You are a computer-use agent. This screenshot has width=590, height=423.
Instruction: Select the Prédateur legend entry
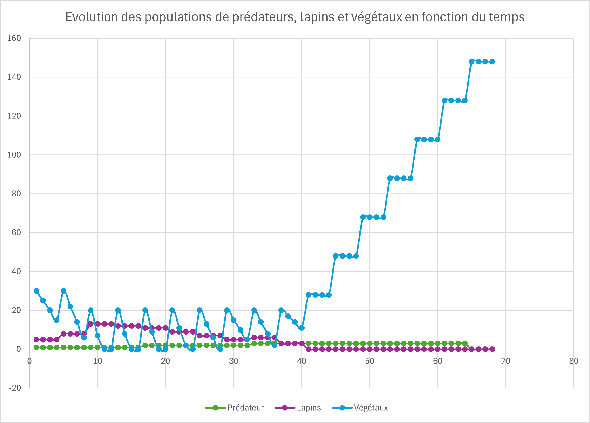pyautogui.click(x=245, y=408)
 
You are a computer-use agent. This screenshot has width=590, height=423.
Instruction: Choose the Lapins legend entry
pyautogui.click(x=309, y=408)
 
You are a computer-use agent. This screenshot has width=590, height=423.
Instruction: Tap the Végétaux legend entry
pyautogui.click(x=370, y=408)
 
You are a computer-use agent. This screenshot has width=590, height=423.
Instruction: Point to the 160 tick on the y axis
pyautogui.click(x=14, y=38)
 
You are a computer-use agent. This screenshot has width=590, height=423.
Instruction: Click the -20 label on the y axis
pyautogui.click(x=15, y=388)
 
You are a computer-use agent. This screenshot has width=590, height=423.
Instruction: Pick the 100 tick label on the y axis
pyautogui.click(x=14, y=155)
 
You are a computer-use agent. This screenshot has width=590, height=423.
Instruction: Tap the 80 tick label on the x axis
pyautogui.click(x=574, y=361)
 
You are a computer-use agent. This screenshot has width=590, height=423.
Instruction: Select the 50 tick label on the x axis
pyautogui.click(x=369, y=361)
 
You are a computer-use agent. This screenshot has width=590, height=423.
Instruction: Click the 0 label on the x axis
pyautogui.click(x=29, y=361)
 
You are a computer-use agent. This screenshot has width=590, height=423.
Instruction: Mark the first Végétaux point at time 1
pyautogui.click(x=36, y=291)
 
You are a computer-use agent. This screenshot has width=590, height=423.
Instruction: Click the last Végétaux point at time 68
pyautogui.click(x=492, y=62)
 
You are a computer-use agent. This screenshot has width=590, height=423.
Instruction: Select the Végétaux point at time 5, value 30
pyautogui.click(x=63, y=291)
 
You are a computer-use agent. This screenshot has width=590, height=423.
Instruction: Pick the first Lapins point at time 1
pyautogui.click(x=36, y=340)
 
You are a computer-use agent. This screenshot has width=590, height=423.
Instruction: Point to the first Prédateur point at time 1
pyautogui.click(x=36, y=347)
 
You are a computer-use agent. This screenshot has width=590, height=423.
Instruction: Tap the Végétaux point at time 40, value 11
pyautogui.click(x=302, y=328)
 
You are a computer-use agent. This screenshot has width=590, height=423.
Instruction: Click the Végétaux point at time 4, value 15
pyautogui.click(x=57, y=320)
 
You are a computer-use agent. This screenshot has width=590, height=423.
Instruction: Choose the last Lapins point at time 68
pyautogui.click(x=492, y=349)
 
